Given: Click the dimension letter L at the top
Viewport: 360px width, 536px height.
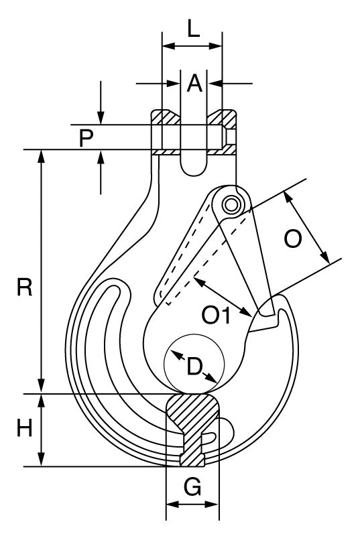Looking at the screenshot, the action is point(194,28).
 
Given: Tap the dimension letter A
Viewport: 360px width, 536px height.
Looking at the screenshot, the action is point(194,83).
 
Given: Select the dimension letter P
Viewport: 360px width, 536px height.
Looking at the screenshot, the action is point(86,138).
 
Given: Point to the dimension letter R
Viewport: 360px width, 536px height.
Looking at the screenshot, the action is point(25,287).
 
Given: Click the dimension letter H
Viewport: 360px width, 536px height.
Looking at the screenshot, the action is point(25,428).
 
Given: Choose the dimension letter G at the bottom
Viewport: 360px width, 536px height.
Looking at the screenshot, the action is point(192,487).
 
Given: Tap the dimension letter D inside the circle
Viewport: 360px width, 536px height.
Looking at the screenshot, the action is point(194,366).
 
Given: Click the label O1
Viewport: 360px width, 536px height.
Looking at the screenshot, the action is point(216,315).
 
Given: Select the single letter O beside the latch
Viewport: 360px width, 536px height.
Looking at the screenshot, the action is point(293,239).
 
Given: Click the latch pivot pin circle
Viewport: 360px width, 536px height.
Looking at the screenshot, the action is point(231,205).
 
